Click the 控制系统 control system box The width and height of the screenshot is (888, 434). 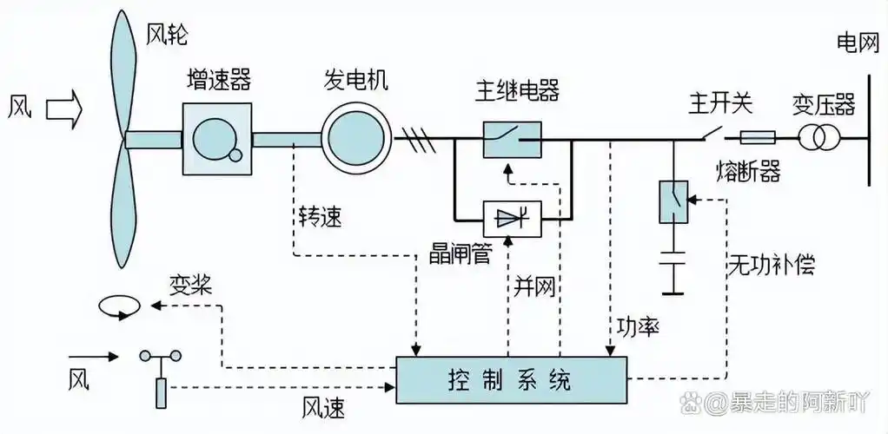coord(511,379)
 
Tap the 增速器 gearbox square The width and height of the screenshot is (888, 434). coord(217,139)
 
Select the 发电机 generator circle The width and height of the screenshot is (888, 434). coord(356,139)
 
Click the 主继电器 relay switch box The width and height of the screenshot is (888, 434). coord(513,139)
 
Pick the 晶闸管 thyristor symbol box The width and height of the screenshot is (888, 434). coord(513,218)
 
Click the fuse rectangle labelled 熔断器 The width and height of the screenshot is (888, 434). coord(757,137)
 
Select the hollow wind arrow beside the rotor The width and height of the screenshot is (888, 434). coord(63,108)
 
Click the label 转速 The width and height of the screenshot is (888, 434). coord(320,216)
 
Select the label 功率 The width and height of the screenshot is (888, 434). coord(637,327)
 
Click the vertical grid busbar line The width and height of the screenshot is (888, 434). coord(868,130)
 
